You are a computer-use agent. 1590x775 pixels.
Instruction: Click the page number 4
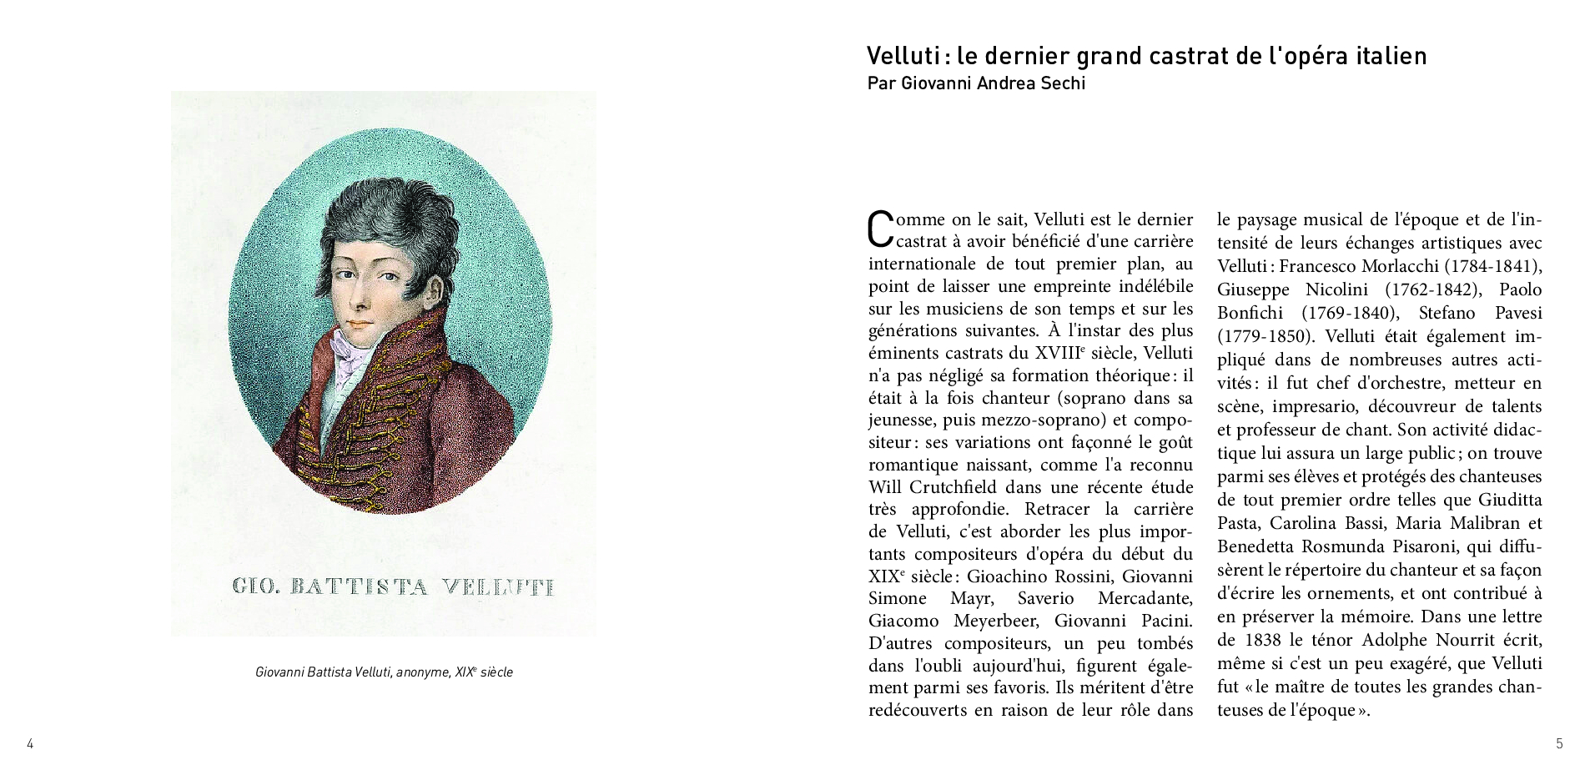click(30, 744)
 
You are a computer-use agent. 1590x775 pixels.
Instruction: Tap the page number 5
click(1559, 744)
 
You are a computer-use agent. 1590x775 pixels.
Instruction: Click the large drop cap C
click(881, 229)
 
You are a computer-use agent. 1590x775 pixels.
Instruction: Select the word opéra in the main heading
click(1304, 57)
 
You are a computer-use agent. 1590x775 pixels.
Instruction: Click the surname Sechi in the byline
click(1062, 83)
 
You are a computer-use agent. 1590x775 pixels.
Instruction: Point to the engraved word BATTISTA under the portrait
click(358, 586)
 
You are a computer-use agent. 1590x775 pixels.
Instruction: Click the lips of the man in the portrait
click(360, 325)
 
